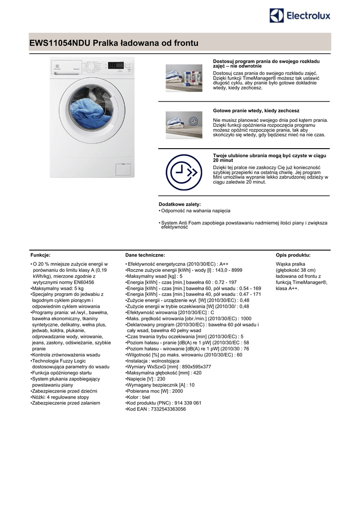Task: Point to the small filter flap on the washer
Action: click(122, 169)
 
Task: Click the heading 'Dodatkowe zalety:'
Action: click(180, 204)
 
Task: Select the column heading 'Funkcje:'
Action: click(40, 255)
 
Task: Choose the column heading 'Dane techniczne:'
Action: click(145, 255)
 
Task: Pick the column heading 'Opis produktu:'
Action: click(293, 255)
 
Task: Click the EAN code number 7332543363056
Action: click(167, 409)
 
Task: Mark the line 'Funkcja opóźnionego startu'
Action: click(62, 373)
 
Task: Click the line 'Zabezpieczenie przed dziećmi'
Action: click(64, 391)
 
